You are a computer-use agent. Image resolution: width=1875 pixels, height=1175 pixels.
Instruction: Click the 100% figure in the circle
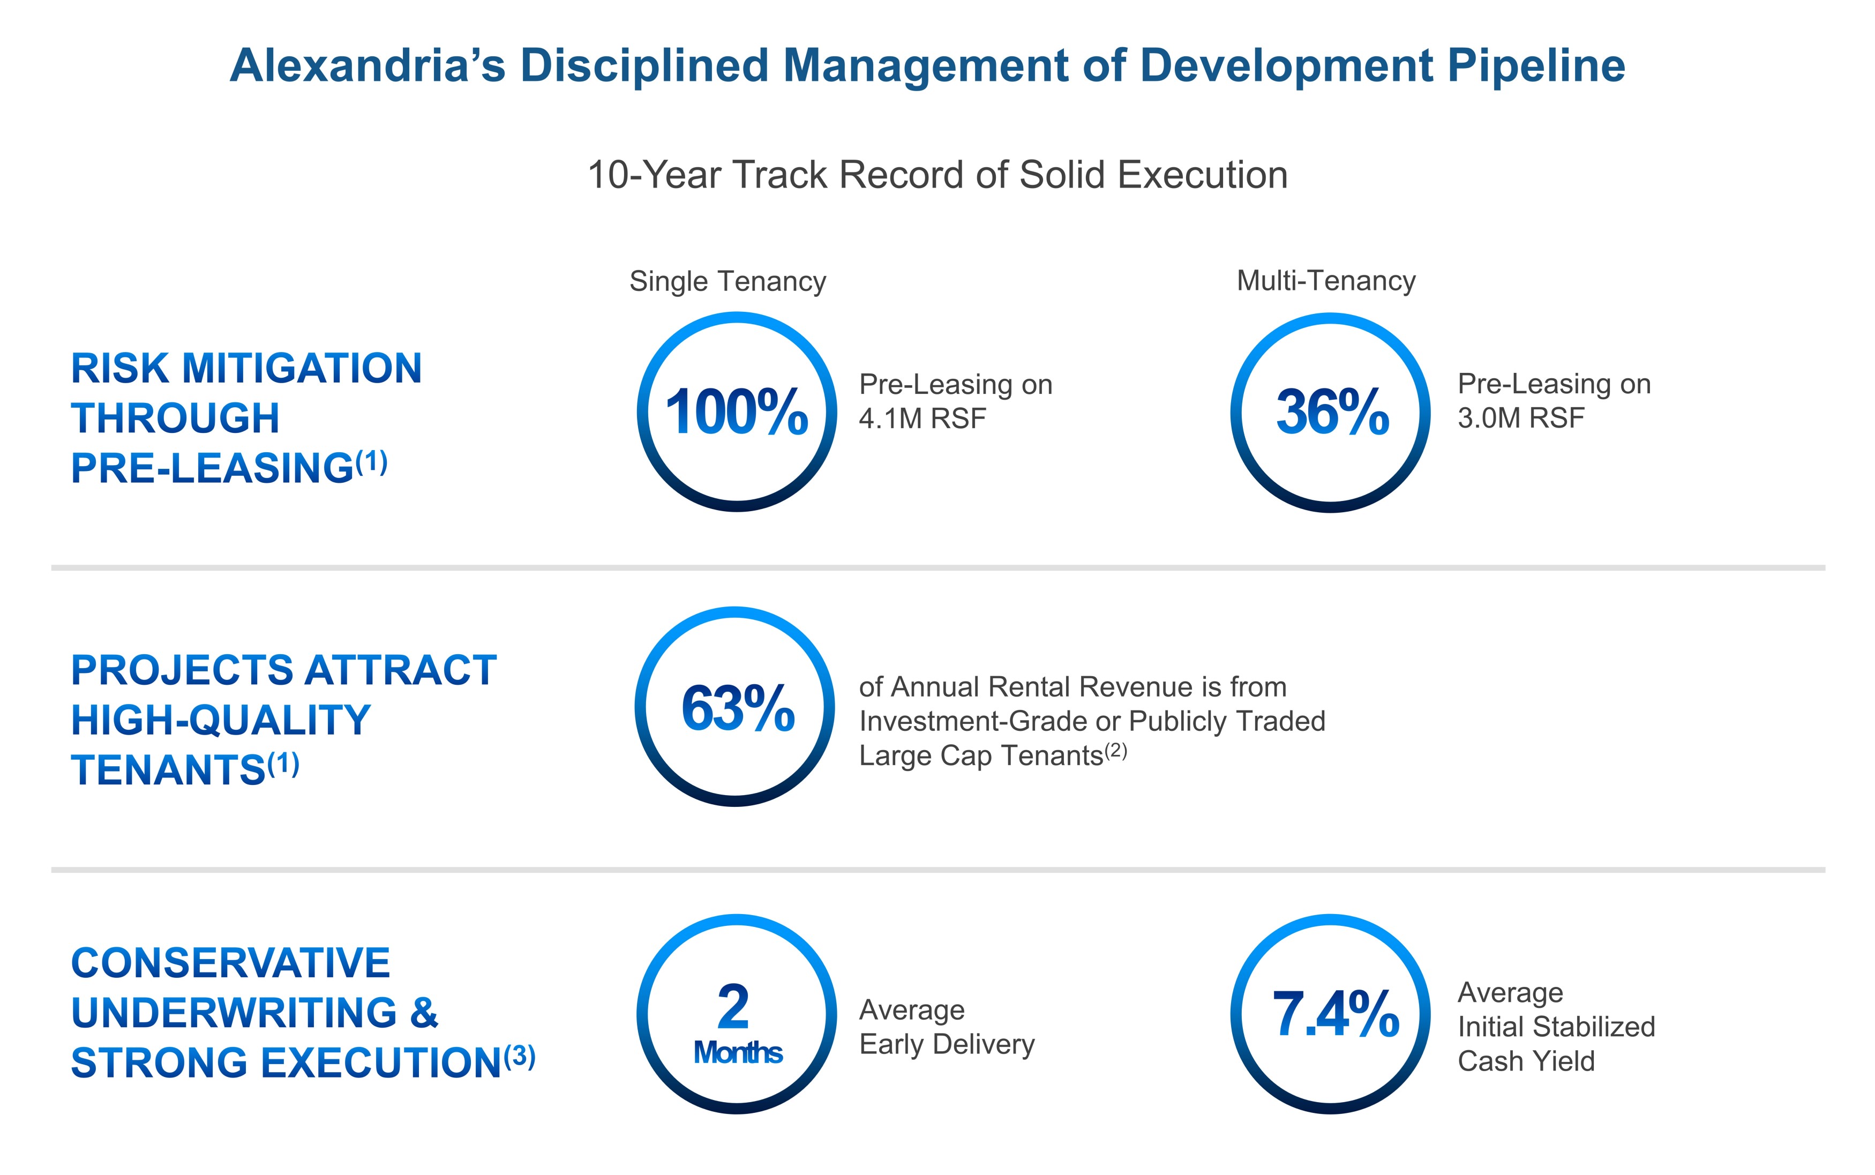[737, 412]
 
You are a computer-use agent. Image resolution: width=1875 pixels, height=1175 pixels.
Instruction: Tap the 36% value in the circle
[1332, 412]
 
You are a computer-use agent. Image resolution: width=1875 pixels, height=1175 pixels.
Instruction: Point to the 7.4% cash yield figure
[1335, 1014]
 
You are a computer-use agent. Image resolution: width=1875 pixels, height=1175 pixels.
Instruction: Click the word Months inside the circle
[738, 1053]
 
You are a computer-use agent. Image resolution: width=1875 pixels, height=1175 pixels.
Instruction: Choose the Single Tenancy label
[727, 281]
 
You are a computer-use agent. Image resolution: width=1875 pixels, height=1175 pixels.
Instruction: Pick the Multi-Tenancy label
[1326, 281]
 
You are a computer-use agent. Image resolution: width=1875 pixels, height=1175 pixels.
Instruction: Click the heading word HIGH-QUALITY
[221, 721]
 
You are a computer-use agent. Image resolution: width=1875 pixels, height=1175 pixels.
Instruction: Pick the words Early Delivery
[947, 1044]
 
